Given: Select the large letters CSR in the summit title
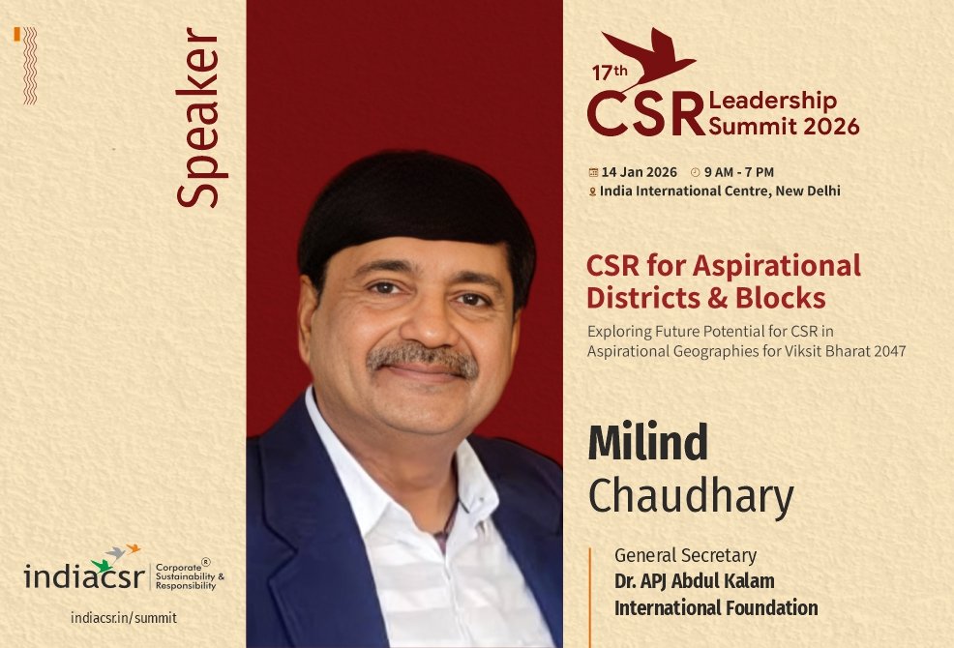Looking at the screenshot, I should coord(645,114).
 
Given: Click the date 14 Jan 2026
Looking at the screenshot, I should coord(639,172).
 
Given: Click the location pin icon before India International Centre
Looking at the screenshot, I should coord(592,191).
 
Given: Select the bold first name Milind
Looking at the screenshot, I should coord(648,443).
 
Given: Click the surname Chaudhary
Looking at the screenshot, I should coord(691,496).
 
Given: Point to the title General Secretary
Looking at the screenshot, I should coord(685,556).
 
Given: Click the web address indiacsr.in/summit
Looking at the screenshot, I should coord(124,617).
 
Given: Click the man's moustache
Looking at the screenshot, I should coord(423,359).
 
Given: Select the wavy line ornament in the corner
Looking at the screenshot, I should coord(30,65).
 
